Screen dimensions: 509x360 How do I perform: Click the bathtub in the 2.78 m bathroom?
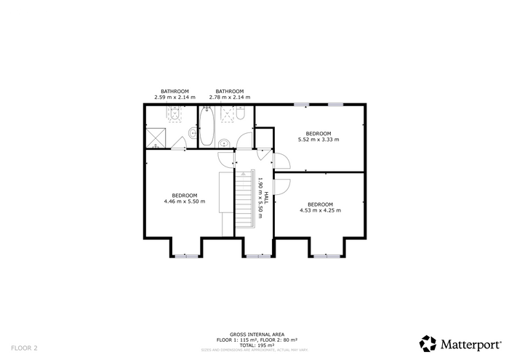[207, 127]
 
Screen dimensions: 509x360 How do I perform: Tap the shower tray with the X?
[156, 138]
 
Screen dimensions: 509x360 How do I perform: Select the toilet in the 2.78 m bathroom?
[241, 113]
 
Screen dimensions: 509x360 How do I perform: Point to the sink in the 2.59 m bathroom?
[193, 132]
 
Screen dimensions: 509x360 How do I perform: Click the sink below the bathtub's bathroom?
[223, 143]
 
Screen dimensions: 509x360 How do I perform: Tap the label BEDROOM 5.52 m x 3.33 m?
[318, 137]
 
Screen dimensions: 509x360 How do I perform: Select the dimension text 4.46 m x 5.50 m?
[185, 201]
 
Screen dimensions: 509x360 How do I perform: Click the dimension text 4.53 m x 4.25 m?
[320, 210]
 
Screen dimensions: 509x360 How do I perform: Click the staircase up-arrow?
[243, 174]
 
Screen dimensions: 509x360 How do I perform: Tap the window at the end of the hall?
[258, 257]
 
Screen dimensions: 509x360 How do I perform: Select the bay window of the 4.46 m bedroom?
[186, 257]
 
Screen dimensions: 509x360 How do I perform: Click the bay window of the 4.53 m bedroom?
[326, 257]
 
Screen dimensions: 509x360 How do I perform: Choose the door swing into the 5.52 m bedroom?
[282, 161]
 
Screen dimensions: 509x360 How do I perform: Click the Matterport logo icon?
[428, 344]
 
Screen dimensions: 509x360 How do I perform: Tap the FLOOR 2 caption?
[24, 348]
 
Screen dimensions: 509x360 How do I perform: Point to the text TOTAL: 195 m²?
[257, 345]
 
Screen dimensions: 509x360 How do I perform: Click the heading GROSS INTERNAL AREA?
[257, 335]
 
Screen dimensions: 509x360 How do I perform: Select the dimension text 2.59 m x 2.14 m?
[175, 97]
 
